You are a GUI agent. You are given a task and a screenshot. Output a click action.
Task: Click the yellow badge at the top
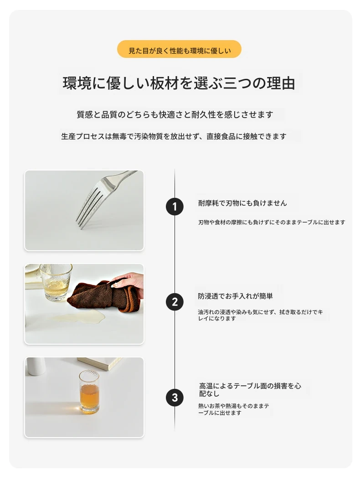(x=179, y=49)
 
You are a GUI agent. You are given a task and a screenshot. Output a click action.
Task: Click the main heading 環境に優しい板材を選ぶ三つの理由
(x=179, y=83)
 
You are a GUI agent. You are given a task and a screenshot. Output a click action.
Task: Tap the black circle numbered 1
(x=175, y=207)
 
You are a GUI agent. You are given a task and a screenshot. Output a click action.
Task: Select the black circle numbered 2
(x=175, y=302)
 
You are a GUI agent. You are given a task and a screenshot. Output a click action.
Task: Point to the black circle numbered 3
(x=175, y=398)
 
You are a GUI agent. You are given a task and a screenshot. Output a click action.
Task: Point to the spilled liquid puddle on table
(x=77, y=319)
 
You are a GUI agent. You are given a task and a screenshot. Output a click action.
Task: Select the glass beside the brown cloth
(x=56, y=282)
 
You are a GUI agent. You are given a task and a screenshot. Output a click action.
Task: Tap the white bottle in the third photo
(x=36, y=367)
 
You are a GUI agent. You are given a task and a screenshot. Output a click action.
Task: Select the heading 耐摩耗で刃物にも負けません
(x=242, y=203)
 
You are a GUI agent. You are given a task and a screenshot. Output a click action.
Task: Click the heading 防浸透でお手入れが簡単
(x=236, y=296)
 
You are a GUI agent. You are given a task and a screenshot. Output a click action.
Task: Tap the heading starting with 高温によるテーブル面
(x=250, y=389)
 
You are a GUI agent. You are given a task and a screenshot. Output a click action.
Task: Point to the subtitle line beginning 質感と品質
(x=175, y=114)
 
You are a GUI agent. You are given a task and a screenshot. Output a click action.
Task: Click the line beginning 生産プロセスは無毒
(x=174, y=136)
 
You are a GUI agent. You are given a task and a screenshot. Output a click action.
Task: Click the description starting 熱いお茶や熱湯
(x=233, y=409)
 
